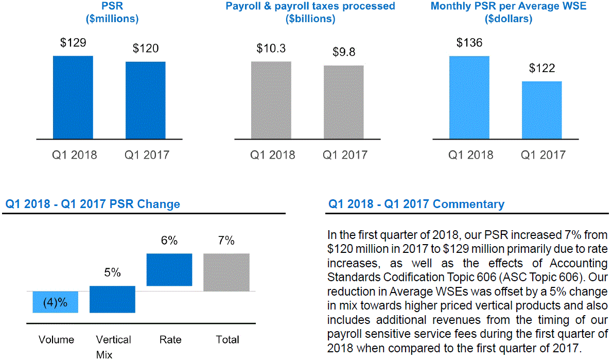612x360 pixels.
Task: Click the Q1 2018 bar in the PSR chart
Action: pyautogui.click(x=73, y=97)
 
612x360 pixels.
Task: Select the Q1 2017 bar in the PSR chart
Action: pyautogui.click(x=145, y=100)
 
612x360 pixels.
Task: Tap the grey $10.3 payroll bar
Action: pyautogui.click(x=271, y=100)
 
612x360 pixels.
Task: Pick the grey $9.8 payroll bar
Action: pyautogui.click(x=343, y=102)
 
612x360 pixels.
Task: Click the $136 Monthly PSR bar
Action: pyautogui.click(x=469, y=97)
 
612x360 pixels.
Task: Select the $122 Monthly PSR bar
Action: pyautogui.click(x=541, y=110)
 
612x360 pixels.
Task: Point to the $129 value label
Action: pyautogui.click(x=73, y=43)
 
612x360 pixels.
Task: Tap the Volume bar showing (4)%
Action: pyautogui.click(x=55, y=302)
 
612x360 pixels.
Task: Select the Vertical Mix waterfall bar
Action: pyautogui.click(x=112, y=299)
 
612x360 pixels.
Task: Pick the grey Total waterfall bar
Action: pyautogui.click(x=226, y=272)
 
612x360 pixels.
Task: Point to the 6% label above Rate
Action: pyautogui.click(x=169, y=241)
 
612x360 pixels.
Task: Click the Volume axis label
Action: pyautogui.click(x=57, y=339)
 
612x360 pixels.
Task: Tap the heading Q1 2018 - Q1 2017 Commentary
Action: pyautogui.click(x=416, y=204)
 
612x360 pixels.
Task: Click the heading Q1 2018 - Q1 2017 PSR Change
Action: pyautogui.click(x=93, y=204)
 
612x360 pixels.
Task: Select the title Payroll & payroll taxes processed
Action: pyautogui.click(x=310, y=7)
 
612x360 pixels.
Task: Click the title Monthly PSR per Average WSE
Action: pyautogui.click(x=509, y=7)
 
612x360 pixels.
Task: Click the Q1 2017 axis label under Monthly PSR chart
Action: pyautogui.click(x=543, y=155)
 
